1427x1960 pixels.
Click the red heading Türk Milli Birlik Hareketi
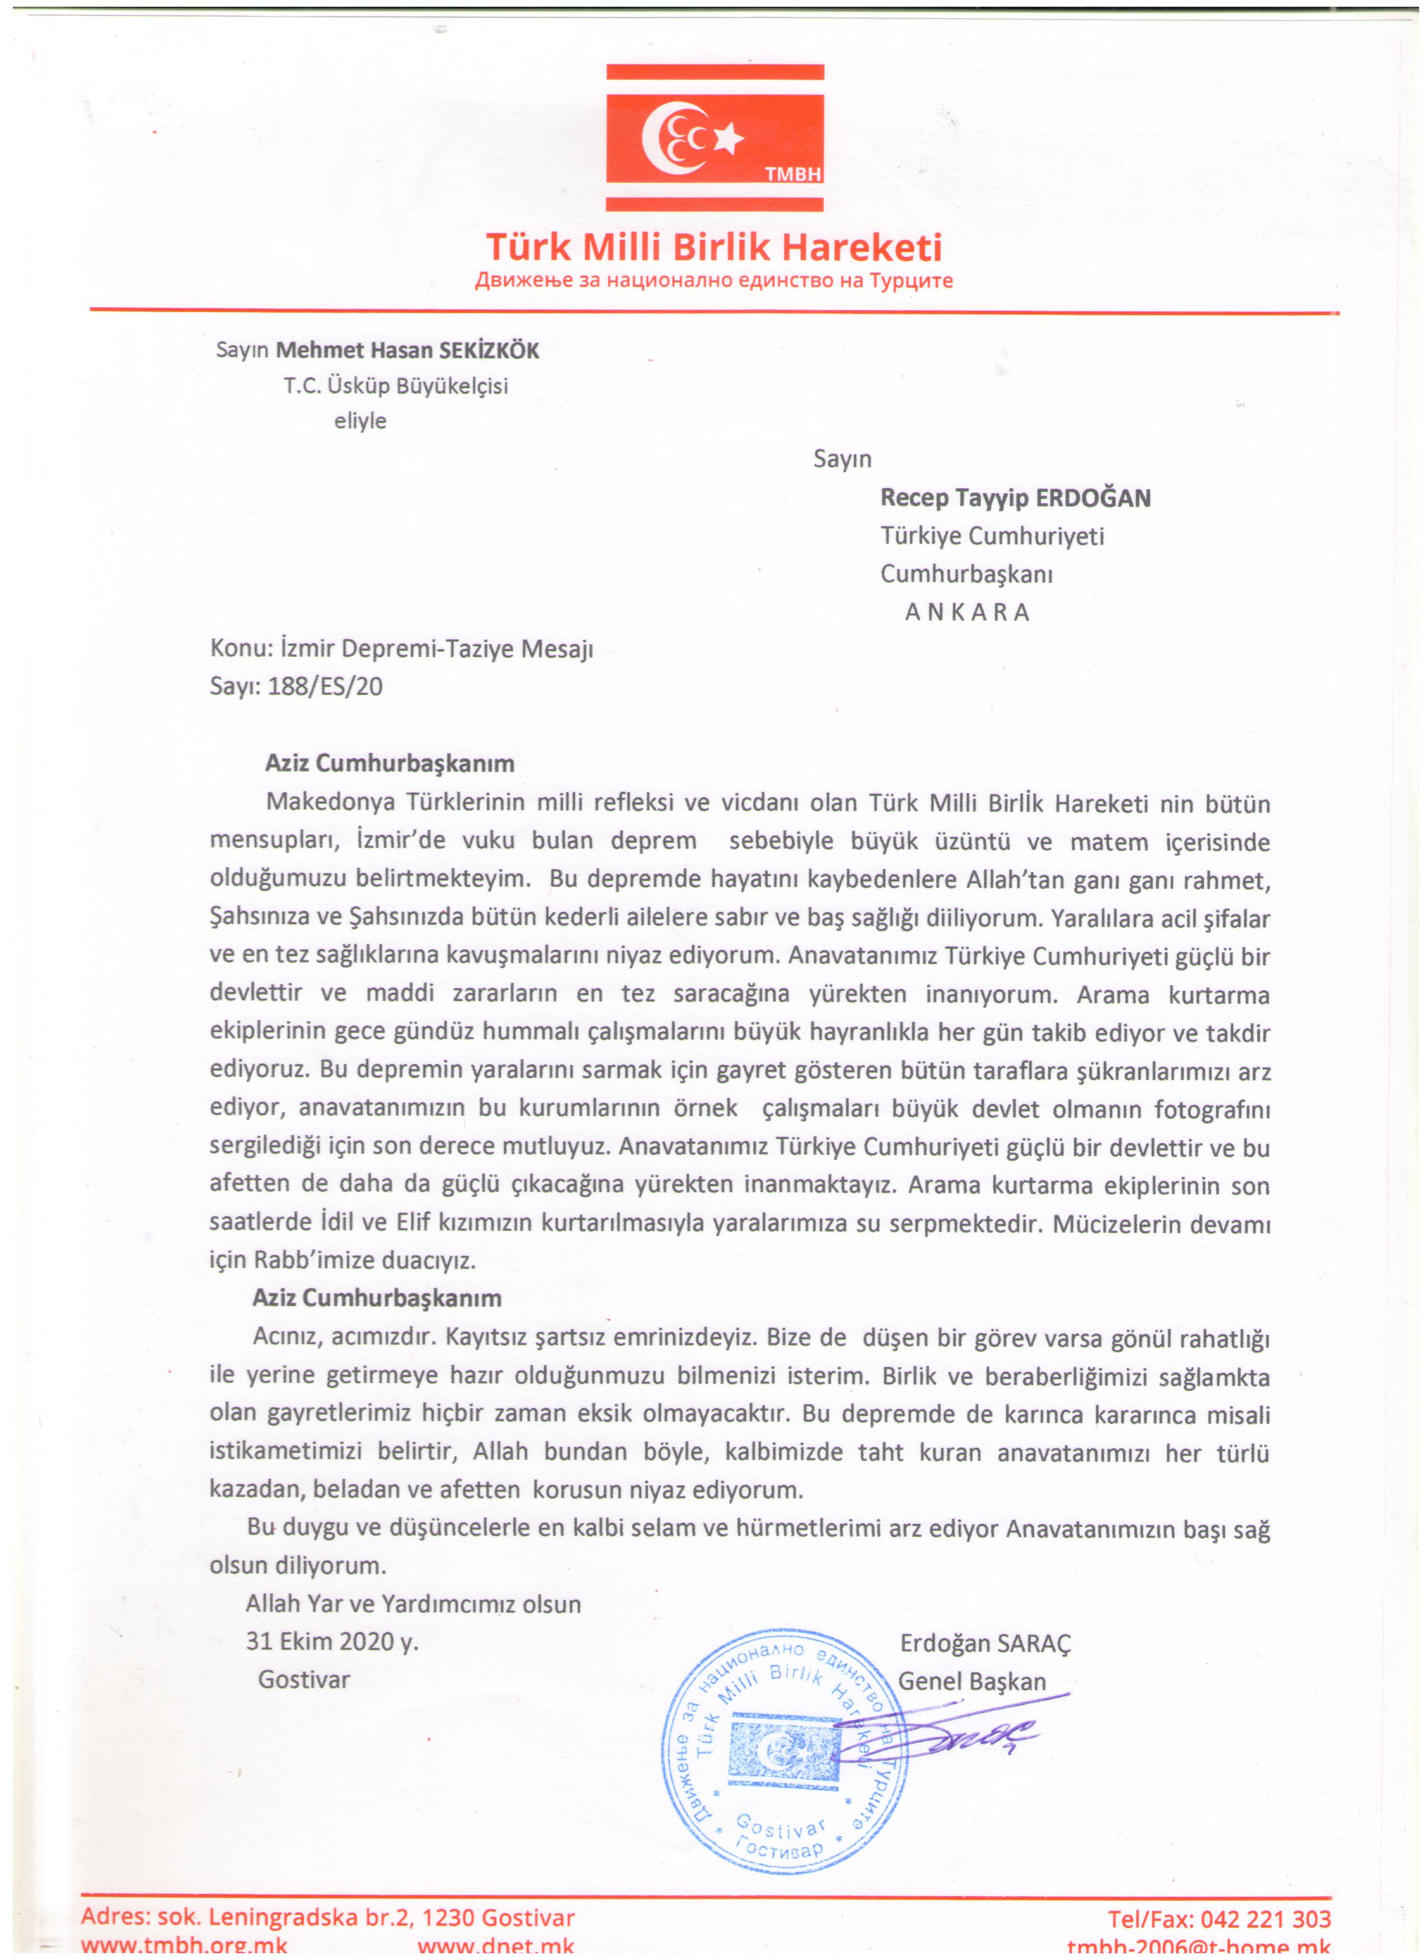coord(713,248)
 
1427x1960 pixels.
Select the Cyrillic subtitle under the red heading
coord(713,281)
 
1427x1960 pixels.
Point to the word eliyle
coord(360,422)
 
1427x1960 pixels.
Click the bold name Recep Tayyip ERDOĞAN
coord(1015,499)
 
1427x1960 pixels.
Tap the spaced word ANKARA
coord(968,612)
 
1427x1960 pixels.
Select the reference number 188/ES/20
coord(325,687)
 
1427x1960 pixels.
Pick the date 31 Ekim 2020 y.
coord(332,1642)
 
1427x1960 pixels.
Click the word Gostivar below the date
coord(304,1680)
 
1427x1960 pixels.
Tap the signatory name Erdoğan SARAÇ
coord(985,1644)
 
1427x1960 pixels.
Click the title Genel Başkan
coord(972,1682)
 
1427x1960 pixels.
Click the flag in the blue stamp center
coord(782,1751)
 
